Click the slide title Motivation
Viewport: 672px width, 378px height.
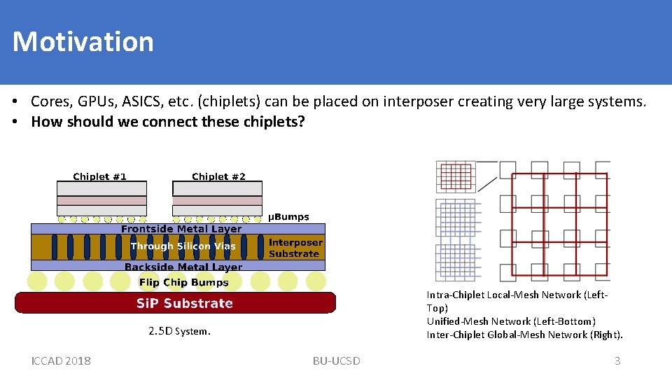click(83, 41)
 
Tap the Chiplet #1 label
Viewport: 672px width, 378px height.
click(99, 176)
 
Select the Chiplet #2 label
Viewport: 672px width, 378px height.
click(218, 176)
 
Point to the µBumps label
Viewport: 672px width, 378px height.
click(288, 217)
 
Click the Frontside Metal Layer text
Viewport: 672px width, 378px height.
click(181, 229)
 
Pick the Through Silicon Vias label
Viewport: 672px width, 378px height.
click(183, 246)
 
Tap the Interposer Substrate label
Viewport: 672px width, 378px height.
click(295, 248)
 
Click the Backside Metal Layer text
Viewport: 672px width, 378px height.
click(183, 267)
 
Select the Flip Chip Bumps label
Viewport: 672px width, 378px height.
click(183, 283)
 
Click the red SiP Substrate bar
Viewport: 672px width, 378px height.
click(175, 303)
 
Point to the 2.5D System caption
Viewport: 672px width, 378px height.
click(179, 331)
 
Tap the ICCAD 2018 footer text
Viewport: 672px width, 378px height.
click(61, 360)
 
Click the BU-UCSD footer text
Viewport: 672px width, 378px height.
click(336, 360)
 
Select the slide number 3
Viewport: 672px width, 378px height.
click(617, 360)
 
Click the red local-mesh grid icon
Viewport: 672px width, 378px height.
click(456, 176)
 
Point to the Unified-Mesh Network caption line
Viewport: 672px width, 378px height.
click(511, 321)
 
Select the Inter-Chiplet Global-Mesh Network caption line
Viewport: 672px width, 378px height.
click(524, 335)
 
